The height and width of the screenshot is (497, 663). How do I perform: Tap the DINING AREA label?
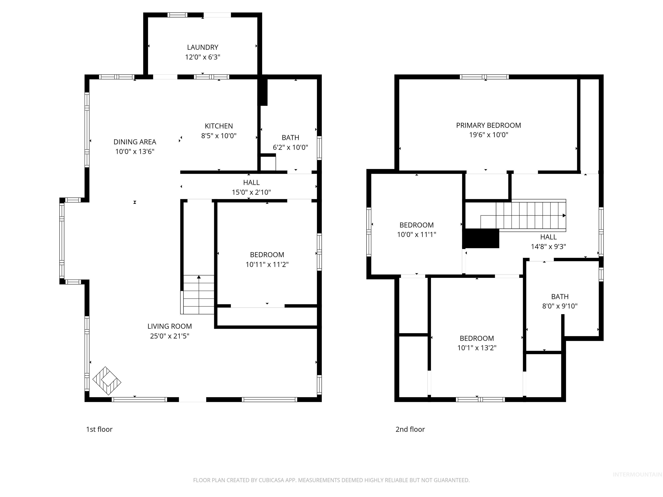point(135,142)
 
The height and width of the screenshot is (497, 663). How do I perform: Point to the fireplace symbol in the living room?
point(107,381)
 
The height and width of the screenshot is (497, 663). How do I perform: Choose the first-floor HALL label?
point(251,182)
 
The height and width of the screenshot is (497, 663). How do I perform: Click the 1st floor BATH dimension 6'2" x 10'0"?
point(290,147)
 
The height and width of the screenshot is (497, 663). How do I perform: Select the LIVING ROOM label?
point(169,326)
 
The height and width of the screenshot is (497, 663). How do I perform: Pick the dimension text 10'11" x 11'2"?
point(267,264)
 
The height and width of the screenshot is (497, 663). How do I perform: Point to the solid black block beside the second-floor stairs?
point(481,238)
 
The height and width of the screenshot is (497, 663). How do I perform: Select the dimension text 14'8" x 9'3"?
point(548,247)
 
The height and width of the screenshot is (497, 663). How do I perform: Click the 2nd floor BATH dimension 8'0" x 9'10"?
point(560,306)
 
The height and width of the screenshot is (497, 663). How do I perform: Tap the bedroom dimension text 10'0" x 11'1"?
point(416,234)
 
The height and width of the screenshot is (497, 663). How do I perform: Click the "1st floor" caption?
point(99,429)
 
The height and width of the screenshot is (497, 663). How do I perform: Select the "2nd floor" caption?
point(410,429)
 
